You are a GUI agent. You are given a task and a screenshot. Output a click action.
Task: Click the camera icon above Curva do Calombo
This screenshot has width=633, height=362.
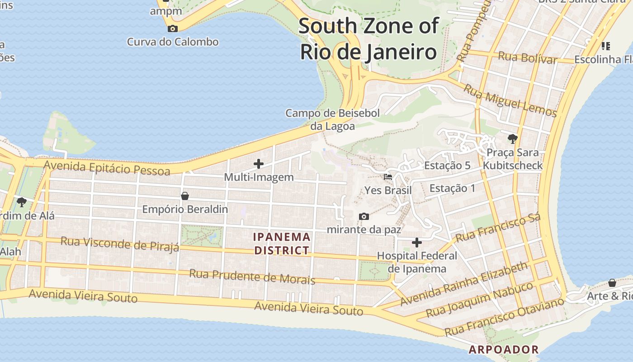[x=172, y=29]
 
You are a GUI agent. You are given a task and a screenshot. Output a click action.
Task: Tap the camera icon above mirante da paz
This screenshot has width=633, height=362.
[x=364, y=216]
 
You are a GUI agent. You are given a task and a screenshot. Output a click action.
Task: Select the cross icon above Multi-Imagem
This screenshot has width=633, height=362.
[x=259, y=163]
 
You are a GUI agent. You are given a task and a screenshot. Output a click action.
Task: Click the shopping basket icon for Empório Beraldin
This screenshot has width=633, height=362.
[x=184, y=196]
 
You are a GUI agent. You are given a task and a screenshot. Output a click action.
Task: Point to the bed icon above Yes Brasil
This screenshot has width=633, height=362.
[x=388, y=176]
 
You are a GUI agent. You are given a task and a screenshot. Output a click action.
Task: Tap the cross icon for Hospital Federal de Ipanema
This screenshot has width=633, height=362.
[x=416, y=243]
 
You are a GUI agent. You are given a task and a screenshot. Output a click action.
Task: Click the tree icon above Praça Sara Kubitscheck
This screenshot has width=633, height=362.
[x=512, y=138]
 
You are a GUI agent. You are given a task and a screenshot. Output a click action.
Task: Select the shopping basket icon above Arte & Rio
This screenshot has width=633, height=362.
[x=612, y=283]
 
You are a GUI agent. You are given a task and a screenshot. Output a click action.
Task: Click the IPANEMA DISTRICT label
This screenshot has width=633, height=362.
[x=282, y=243]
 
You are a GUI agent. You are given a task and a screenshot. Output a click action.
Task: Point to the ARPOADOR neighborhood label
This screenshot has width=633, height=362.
[x=504, y=349]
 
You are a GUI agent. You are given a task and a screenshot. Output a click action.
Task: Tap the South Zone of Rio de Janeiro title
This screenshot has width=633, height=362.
[x=368, y=39]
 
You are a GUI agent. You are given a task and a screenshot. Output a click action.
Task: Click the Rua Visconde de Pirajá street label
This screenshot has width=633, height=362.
[x=120, y=243]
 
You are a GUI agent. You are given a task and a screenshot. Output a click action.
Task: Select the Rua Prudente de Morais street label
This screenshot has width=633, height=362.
[x=252, y=276]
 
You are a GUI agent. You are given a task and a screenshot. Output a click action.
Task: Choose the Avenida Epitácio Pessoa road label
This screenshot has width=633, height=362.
[x=107, y=168]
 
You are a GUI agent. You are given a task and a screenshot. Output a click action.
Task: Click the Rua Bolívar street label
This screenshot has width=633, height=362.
[x=527, y=57]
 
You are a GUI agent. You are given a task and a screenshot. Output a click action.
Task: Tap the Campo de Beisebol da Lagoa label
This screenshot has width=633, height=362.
[x=332, y=119]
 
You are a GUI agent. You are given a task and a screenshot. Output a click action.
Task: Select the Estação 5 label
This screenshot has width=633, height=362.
[x=447, y=166]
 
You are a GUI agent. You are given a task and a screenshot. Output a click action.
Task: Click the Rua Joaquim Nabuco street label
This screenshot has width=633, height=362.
[x=480, y=299]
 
